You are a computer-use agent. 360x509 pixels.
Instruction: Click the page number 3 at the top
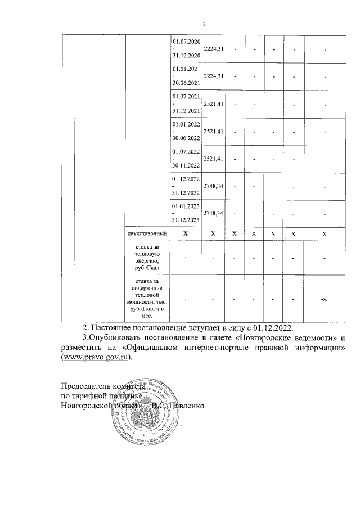coord(205,24)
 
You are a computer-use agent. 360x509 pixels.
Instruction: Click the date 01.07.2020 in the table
coord(187,43)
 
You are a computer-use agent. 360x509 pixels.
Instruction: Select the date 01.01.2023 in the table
coord(187,206)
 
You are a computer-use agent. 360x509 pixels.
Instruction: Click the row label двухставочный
coord(148,233)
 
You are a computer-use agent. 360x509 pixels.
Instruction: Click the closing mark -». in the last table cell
coord(325,299)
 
